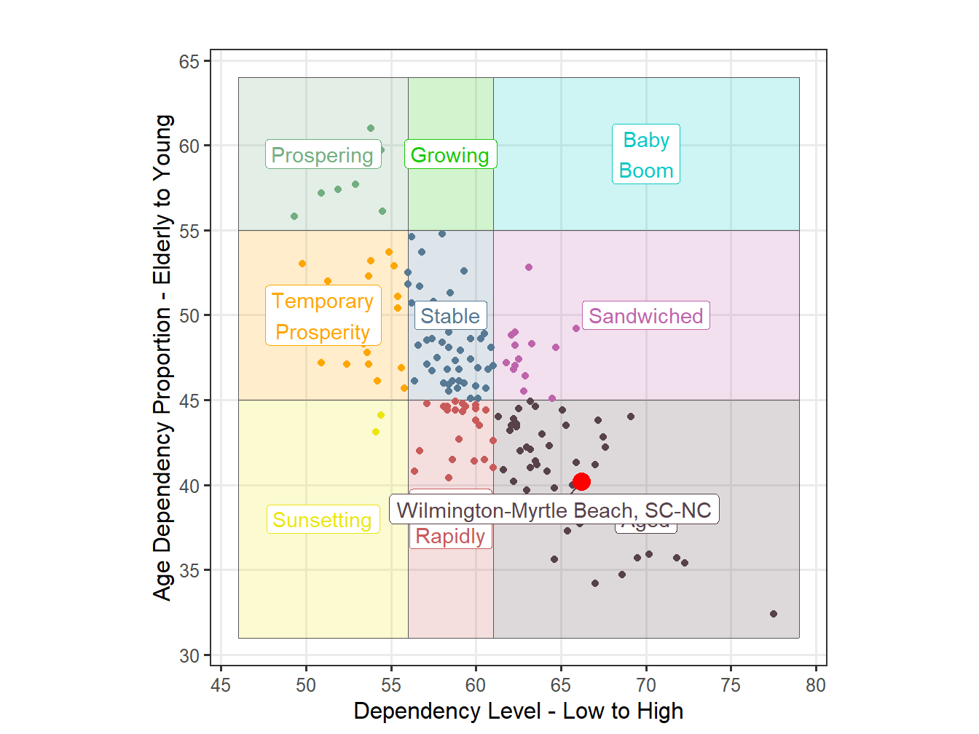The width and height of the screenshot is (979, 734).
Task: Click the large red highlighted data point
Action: [x=581, y=481]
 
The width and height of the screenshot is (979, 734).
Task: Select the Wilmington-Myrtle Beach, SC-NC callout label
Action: [x=554, y=510]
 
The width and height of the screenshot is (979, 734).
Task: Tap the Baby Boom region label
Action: [x=645, y=154]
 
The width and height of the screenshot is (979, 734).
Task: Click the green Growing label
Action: [x=450, y=154]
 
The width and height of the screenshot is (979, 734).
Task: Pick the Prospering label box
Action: [x=322, y=154]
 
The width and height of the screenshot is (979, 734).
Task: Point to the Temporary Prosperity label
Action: [x=323, y=316]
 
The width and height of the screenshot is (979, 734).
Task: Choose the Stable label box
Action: [x=450, y=316]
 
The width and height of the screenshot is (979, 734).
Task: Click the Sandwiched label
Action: [x=645, y=316]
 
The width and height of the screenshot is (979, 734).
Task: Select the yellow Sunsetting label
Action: [x=322, y=520]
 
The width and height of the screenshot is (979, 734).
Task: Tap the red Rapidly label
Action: [x=450, y=537]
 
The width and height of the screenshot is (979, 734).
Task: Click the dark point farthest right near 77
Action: [x=774, y=614]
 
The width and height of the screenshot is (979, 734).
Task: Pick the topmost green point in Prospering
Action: [x=371, y=128]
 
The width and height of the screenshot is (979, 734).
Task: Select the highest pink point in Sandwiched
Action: [x=529, y=267]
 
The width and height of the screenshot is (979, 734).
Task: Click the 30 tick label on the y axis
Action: [x=189, y=656]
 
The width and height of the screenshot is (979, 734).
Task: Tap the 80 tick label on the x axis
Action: [x=816, y=685]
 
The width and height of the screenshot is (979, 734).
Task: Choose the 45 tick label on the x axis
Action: [x=221, y=685]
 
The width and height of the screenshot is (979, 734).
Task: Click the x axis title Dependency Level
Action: [x=518, y=711]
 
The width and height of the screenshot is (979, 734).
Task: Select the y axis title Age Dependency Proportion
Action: [x=163, y=357]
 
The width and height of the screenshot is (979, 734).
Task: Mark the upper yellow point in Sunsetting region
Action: [x=381, y=415]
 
